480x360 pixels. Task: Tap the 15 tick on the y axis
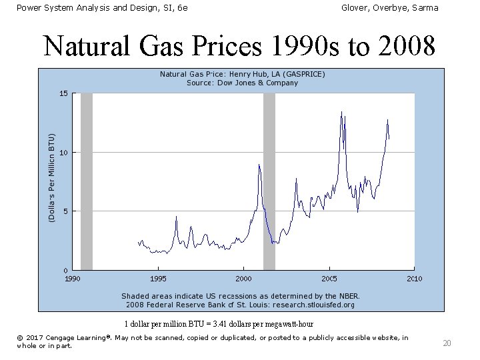63,93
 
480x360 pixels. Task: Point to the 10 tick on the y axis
63,153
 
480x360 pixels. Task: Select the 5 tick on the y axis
64,211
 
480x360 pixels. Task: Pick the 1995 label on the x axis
158,279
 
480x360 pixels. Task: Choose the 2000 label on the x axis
243,279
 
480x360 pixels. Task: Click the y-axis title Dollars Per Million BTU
52,177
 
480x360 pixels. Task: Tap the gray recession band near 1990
86,180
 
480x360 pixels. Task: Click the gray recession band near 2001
269,180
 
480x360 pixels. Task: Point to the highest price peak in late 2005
341,112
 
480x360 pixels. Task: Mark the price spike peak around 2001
259,165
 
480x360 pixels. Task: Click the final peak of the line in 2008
387,120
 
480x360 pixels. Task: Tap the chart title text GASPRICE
303,74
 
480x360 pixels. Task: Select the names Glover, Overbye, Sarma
389,7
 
